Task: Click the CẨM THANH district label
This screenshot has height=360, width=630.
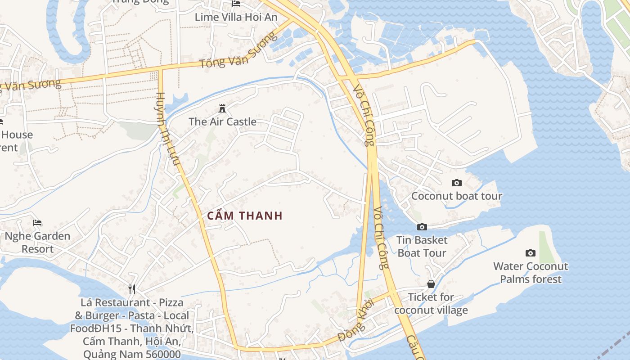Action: coord(245,216)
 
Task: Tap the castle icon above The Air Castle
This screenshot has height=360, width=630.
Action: coord(222,108)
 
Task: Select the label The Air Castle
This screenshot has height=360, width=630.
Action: coord(222,121)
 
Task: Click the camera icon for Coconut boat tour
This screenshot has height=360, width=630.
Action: coord(457,183)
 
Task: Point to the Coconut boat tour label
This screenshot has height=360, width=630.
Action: coord(457,196)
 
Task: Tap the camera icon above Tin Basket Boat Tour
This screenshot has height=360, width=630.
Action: coord(422,227)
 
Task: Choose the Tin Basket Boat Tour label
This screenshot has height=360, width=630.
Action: coord(422,247)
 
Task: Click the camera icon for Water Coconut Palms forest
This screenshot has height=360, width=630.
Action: coord(531,253)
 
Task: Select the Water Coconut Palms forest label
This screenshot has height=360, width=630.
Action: coord(531,273)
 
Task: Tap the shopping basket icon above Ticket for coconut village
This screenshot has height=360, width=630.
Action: coord(431,284)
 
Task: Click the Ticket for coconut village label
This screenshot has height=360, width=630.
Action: coord(431,304)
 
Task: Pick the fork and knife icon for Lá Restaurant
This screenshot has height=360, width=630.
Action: coord(131,289)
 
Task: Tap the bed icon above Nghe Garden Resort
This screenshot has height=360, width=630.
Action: coord(37,223)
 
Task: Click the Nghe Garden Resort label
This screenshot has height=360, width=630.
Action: coord(38,243)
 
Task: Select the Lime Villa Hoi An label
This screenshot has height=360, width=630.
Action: coord(236,17)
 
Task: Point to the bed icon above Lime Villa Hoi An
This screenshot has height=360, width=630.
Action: coord(236,4)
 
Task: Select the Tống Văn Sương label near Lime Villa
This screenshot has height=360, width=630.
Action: coord(238,50)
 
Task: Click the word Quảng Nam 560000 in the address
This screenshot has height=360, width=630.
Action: coord(132,354)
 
